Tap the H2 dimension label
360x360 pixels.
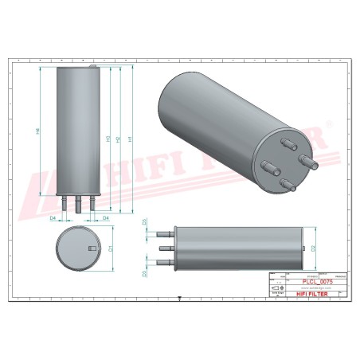(x=118, y=139)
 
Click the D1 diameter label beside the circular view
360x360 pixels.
(x=111, y=249)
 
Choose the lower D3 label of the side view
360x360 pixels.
(x=143, y=273)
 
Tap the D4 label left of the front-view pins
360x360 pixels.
(x=53, y=217)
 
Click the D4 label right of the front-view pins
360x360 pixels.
(x=105, y=217)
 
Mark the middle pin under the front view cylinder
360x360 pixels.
(x=78, y=205)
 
